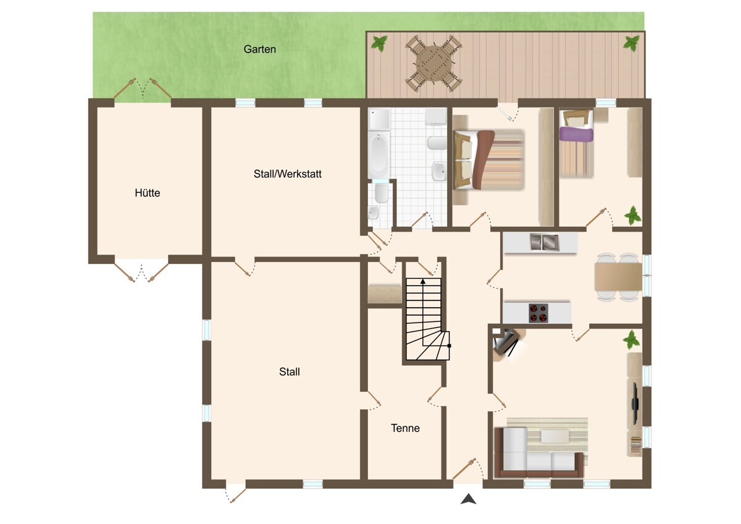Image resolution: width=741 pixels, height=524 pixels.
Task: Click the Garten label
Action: click(260, 49)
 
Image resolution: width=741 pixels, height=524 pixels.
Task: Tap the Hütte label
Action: click(147, 193)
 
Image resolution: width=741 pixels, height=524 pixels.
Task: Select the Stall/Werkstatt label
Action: click(288, 174)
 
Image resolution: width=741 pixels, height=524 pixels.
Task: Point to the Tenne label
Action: click(405, 428)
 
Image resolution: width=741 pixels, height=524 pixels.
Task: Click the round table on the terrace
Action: click(433, 64)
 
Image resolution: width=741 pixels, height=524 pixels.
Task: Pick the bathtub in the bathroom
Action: click(379, 155)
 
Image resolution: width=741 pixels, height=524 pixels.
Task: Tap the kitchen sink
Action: click(545, 242)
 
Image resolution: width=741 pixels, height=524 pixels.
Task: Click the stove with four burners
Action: click(538, 313)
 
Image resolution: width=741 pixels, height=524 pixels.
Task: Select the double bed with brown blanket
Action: click(489, 159)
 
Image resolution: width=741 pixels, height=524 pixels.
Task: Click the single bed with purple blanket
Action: click(576, 143)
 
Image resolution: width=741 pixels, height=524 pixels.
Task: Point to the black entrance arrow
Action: click(469, 499)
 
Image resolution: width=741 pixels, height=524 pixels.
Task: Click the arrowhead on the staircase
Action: click(423, 281)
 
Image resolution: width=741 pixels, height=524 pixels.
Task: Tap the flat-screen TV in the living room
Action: click(635, 404)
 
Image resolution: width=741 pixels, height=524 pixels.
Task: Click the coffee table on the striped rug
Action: click(555, 436)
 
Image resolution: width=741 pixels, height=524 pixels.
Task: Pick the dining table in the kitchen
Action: click(618, 277)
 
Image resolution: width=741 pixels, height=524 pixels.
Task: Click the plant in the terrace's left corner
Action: click(379, 43)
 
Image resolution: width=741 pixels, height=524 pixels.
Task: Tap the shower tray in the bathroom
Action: click(379, 119)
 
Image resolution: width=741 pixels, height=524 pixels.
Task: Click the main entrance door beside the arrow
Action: click(464, 468)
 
